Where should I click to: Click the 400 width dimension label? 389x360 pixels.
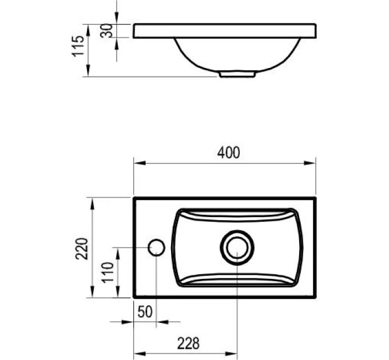point(228,153)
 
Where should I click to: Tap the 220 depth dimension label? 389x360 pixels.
point(82,249)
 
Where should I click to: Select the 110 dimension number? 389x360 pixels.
point(108,272)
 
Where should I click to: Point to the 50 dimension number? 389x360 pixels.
point(145,311)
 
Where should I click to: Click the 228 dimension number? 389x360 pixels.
point(188,343)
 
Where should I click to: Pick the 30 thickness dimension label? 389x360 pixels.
point(106,31)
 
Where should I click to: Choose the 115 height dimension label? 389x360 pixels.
point(78,46)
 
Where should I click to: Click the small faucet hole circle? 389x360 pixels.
point(156,247)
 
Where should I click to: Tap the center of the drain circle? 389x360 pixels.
point(237,247)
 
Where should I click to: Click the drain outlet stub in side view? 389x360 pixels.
point(237,74)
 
